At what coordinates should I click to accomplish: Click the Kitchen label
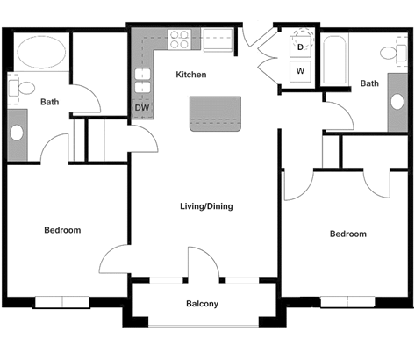(x=190, y=75)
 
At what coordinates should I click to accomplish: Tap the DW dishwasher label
(x=141, y=108)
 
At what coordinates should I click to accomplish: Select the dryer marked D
(x=300, y=47)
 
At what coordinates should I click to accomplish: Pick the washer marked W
(x=300, y=70)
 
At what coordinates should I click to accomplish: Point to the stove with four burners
(x=180, y=40)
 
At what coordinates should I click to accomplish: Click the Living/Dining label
(x=206, y=206)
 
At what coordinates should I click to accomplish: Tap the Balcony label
(x=202, y=305)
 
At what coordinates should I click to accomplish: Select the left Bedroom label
(x=62, y=230)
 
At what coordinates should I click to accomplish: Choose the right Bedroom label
(x=347, y=234)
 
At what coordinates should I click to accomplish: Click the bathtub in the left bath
(x=40, y=52)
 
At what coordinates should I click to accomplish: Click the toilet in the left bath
(x=21, y=86)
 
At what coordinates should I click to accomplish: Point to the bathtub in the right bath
(x=335, y=60)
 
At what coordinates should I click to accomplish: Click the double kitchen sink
(x=141, y=82)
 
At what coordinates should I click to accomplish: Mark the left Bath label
(x=50, y=102)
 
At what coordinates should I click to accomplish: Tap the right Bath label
(x=369, y=83)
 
